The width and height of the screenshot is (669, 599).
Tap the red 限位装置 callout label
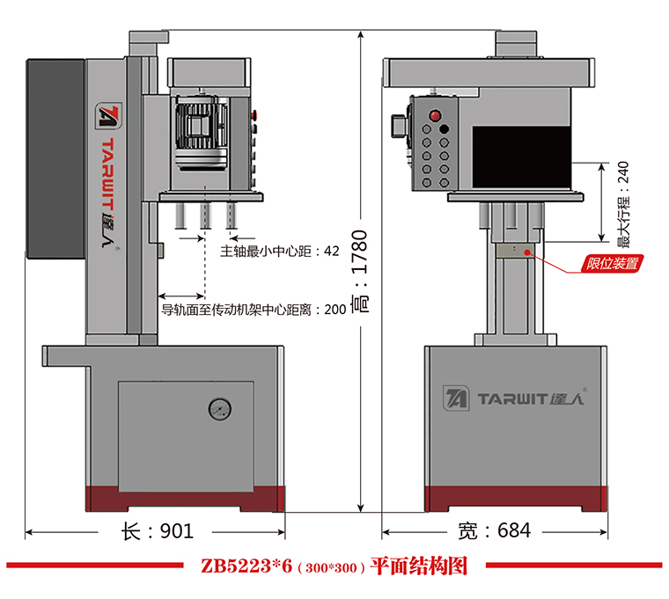pos(614,262)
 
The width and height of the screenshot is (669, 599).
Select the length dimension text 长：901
pos(156,531)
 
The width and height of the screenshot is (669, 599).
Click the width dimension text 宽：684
pos(495,531)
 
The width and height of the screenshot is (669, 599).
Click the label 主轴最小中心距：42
pos(279,251)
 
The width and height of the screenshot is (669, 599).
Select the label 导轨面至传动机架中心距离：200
pos(254,310)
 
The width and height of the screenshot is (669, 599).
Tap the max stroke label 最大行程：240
pos(623,205)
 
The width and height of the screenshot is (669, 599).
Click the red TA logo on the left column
pos(107,116)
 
